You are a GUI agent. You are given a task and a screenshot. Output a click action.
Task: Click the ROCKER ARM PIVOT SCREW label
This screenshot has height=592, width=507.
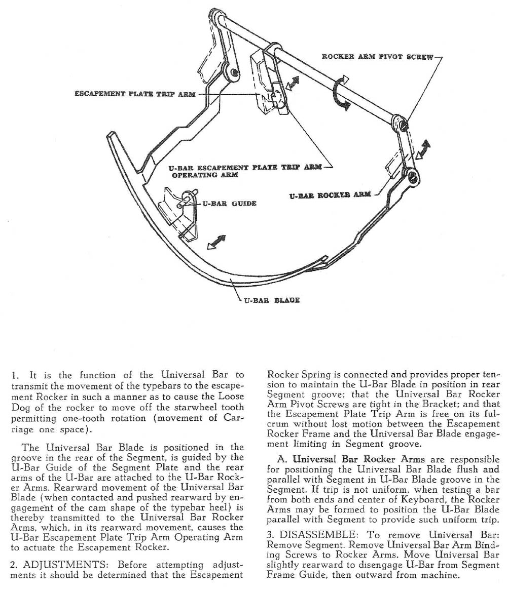coord(378,57)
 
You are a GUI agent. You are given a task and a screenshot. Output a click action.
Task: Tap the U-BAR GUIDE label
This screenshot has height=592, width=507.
coord(230,204)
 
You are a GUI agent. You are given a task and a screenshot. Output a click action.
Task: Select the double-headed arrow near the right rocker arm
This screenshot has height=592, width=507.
coord(422,150)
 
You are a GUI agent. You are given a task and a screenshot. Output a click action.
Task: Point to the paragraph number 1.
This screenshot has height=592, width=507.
coord(14,375)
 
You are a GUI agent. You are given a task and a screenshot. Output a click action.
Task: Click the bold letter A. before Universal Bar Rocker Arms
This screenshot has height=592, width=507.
coord(282,460)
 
